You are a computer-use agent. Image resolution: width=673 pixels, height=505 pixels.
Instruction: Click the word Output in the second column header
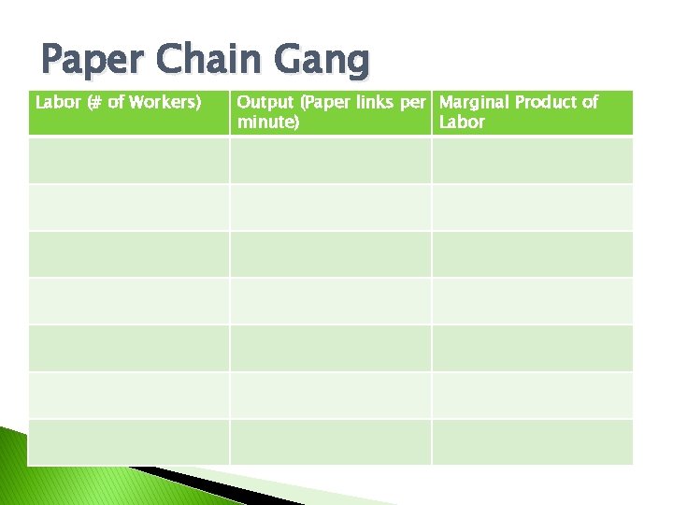click(265, 102)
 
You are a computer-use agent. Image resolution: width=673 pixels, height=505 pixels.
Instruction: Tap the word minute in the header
click(266, 122)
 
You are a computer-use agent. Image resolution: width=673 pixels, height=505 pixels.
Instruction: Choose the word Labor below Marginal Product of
click(462, 122)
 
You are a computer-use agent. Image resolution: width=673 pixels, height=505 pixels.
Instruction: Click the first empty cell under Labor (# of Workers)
click(128, 160)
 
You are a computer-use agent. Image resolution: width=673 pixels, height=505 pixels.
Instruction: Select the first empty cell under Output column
click(330, 160)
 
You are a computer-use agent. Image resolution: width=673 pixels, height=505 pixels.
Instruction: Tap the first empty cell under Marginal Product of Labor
click(532, 160)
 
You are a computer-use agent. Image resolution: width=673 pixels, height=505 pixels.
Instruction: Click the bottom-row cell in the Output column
click(330, 442)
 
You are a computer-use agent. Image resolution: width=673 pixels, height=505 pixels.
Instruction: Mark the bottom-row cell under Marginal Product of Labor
click(532, 442)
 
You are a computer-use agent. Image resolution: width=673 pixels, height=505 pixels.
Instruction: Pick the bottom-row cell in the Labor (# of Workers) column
click(128, 442)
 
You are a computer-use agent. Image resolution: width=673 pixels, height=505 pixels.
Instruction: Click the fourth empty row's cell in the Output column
click(330, 301)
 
